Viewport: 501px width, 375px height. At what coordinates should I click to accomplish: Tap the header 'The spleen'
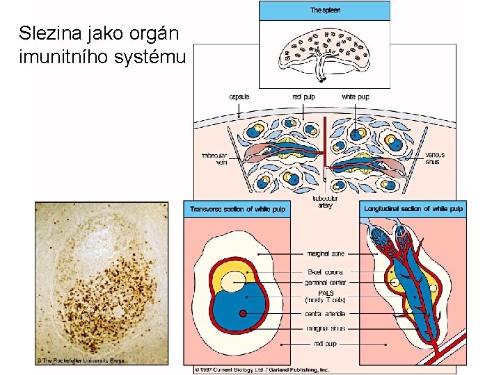[325, 10]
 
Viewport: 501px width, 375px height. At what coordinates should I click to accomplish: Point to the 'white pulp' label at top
[355, 97]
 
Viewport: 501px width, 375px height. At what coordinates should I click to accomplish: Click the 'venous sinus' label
[434, 158]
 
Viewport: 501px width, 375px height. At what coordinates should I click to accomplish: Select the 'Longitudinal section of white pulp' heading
[413, 208]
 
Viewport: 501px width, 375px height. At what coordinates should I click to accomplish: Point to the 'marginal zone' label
[326, 254]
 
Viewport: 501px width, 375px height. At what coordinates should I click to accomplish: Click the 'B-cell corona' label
[326, 272]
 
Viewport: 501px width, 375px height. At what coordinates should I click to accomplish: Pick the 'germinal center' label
[326, 283]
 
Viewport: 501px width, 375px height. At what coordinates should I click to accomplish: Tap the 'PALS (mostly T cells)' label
[326, 297]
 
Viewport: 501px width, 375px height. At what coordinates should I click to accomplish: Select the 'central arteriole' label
[326, 314]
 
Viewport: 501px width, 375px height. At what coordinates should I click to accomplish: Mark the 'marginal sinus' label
[326, 328]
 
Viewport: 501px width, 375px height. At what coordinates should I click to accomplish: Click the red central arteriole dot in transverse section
[243, 315]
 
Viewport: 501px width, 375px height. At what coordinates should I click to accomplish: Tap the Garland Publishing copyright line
[261, 369]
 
